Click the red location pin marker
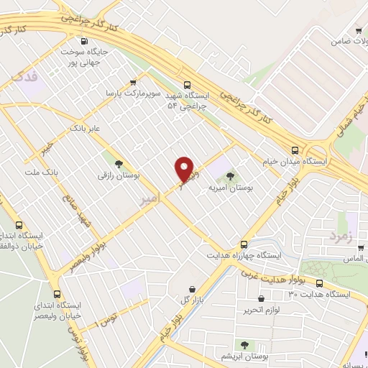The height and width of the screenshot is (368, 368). coord(185,170)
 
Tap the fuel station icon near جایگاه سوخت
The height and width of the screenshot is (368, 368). coord(86,41)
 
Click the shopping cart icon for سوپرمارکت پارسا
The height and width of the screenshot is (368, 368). coord(132,83)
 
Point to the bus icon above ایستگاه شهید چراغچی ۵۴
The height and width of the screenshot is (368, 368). coord(187,83)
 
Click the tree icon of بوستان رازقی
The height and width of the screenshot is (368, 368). coord(119,164)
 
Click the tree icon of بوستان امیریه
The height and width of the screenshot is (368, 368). coord(230,175)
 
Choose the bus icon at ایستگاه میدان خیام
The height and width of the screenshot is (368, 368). coord(295,149)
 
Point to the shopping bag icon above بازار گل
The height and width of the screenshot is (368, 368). coord(191,289)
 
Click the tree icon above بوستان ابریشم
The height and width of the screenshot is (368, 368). coord(244,345)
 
